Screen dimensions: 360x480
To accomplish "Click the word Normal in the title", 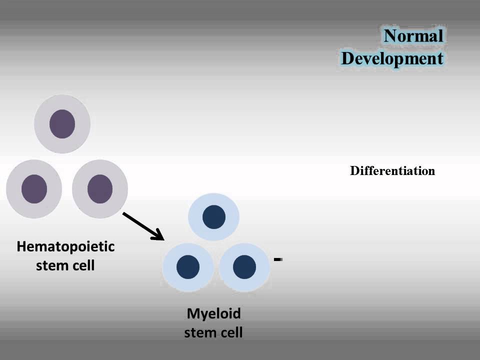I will [413, 36].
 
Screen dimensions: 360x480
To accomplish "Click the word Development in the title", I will [392, 58].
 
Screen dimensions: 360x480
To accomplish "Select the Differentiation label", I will [392, 171].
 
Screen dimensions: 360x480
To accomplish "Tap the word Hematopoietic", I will [65, 246].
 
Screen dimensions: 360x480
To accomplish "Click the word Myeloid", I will [213, 313].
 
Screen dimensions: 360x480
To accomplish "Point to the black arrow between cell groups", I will [142, 225].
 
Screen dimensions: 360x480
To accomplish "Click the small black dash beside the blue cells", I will [278, 259].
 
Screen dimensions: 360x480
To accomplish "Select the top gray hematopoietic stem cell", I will [62, 123].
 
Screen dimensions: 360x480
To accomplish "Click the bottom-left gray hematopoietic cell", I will [34, 189].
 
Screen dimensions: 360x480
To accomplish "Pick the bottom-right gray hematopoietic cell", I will [100, 189].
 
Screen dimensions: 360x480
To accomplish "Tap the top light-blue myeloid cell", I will [213, 217].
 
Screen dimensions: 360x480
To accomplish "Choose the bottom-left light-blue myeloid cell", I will [188, 266].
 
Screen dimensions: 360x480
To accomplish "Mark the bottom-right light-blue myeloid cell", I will [244, 266].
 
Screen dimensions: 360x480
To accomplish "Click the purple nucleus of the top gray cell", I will [62, 123].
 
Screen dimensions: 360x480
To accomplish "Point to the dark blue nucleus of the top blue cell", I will [213, 217].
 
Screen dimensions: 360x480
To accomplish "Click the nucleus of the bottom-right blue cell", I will [244, 266].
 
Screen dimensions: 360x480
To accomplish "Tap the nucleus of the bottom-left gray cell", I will [34, 189].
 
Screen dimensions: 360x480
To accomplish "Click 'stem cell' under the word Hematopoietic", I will [65, 265].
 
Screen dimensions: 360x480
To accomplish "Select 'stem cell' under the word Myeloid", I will [213, 332].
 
